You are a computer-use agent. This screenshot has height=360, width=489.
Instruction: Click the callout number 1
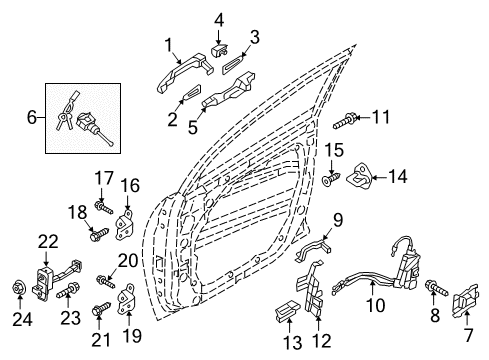tap(169, 46)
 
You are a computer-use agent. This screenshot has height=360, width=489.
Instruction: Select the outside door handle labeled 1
tap(183, 72)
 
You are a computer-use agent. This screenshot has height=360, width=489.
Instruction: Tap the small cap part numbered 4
tap(219, 50)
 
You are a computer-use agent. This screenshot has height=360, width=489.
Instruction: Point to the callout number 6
tap(32, 117)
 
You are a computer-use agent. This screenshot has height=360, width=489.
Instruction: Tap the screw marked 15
tap(331, 178)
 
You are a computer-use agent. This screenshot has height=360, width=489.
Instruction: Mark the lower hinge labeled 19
tap(126, 299)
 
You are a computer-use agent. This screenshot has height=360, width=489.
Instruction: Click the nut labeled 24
tap(18, 288)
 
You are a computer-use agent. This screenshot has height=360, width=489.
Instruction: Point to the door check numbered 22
tap(57, 279)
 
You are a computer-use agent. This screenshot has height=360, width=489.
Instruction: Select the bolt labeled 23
tap(69, 291)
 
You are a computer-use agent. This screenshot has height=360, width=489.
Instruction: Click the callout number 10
tap(375, 305)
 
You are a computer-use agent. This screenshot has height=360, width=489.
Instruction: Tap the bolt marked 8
tap(437, 288)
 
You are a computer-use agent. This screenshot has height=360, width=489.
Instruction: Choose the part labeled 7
tap(466, 301)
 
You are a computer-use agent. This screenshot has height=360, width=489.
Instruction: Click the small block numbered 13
tap(286, 311)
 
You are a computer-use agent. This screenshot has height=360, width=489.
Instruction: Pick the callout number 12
tap(322, 341)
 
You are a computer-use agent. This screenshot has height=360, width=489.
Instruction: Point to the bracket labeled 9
tap(313, 249)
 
